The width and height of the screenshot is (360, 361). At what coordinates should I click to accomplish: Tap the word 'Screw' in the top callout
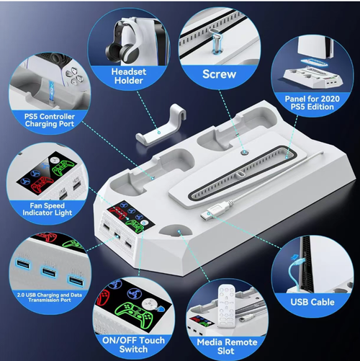tap(219, 73)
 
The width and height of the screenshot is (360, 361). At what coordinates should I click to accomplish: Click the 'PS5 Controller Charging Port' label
tap(43, 120)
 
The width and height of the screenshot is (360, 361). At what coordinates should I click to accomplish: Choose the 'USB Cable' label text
tap(312, 300)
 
